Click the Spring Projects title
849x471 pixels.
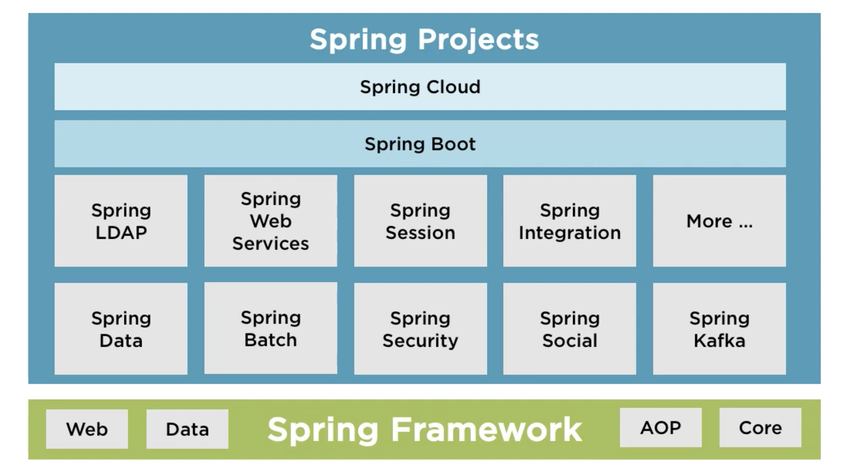(424, 39)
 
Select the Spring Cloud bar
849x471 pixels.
(420, 87)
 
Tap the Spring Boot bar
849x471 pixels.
(420, 144)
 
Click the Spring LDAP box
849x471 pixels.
(121, 221)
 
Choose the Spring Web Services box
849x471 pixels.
(270, 221)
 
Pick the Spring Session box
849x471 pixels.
(420, 221)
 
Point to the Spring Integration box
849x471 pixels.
(570, 221)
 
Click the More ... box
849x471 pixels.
(719, 221)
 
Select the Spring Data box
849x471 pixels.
(121, 329)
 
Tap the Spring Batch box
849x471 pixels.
(270, 328)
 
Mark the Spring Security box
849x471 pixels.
(420, 329)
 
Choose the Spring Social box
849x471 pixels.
(570, 329)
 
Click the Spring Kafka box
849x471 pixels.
(719, 329)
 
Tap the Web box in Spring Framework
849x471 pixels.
(87, 429)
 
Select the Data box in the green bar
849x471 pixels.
(187, 429)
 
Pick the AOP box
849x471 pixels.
(660, 428)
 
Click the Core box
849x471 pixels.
(760, 428)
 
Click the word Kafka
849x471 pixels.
(719, 341)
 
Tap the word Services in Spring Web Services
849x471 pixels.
(270, 243)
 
